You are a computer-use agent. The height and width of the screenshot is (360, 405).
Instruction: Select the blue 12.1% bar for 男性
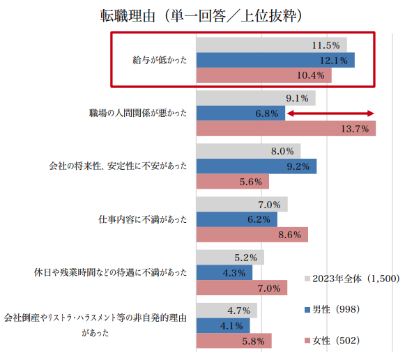[x=275, y=61]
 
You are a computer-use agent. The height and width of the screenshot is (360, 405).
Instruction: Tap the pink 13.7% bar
[x=286, y=129]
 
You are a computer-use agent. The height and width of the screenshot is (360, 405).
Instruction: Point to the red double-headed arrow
[x=331, y=114]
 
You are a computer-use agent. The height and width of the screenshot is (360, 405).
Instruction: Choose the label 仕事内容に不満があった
[x=143, y=219]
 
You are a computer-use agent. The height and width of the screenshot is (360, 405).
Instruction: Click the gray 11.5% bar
[x=271, y=45]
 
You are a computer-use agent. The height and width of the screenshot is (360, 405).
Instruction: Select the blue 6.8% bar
[x=240, y=114]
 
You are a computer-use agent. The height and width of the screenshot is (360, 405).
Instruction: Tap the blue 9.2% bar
[x=256, y=166]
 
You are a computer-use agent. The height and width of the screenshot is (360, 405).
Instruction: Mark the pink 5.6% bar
[x=232, y=182]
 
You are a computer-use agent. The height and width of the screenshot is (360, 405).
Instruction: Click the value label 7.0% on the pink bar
[x=268, y=288]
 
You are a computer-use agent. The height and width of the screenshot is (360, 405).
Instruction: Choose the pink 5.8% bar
[x=234, y=341]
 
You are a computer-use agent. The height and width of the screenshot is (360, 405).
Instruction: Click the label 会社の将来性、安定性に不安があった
[x=118, y=166]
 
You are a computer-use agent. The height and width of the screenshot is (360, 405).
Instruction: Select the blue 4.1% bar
[x=222, y=325]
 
